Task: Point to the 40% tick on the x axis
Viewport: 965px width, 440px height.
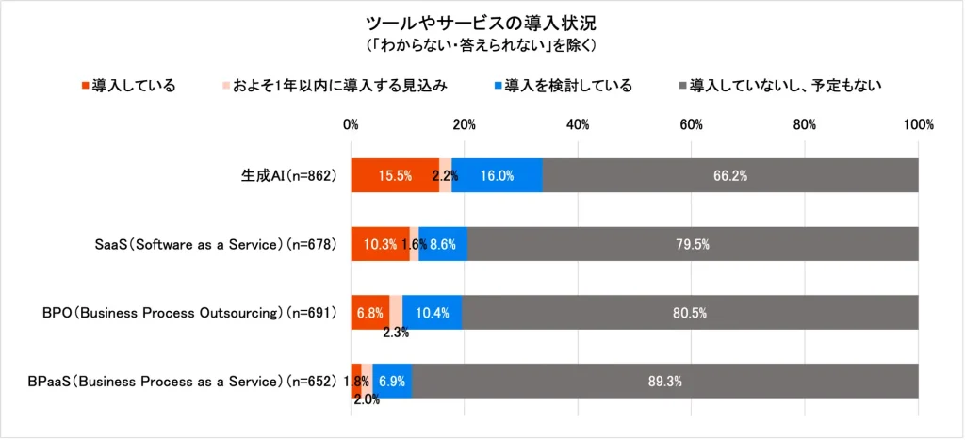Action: pos(578,124)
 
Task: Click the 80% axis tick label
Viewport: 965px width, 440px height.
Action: pos(805,124)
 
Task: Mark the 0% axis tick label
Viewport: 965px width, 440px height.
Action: pos(352,124)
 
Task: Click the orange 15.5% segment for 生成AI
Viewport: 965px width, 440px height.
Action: pos(394,176)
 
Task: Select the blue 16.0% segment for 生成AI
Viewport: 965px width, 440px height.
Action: pos(497,176)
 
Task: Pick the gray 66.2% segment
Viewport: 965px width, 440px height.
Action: pos(730,176)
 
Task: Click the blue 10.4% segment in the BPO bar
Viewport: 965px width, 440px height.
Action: pos(432,313)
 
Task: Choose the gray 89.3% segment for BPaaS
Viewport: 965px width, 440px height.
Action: pos(665,382)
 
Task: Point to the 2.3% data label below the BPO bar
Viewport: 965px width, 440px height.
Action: pos(394,332)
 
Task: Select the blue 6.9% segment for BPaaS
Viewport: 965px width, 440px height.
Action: pos(392,382)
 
